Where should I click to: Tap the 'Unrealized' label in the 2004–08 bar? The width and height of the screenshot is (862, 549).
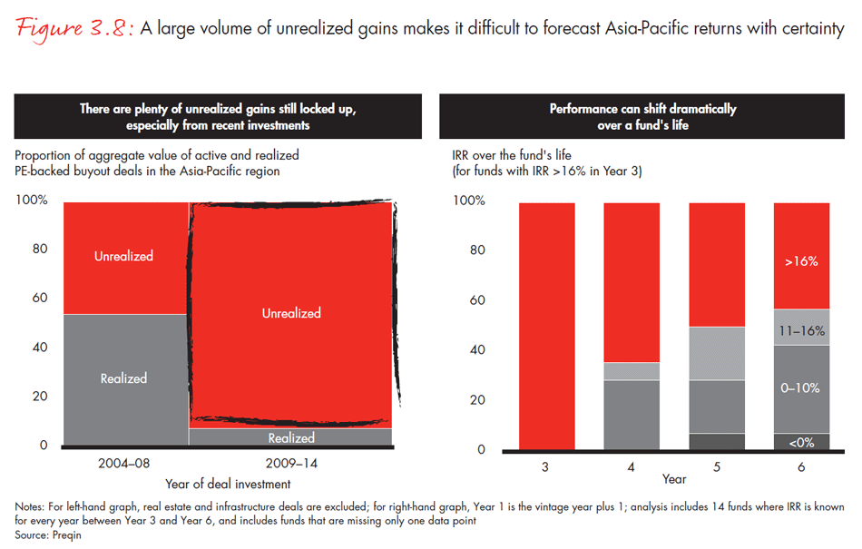point(124,257)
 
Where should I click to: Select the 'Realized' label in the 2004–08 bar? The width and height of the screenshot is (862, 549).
point(124,378)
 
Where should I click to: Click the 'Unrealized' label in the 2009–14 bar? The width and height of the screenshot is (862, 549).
point(291,313)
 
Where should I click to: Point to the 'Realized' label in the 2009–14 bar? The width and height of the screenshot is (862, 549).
point(291,438)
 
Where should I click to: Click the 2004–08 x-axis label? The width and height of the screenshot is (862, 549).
point(124,463)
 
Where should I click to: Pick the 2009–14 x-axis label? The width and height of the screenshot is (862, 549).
point(291,463)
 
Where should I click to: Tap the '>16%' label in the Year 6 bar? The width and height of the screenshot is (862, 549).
point(801,261)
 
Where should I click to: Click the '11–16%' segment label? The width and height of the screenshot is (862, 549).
point(801,332)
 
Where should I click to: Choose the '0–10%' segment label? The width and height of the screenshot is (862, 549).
point(801,387)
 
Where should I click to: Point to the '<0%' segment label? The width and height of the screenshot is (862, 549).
point(801,442)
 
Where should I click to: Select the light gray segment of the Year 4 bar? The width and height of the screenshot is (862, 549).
point(632,371)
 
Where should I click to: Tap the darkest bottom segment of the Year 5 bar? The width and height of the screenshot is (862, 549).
point(717,441)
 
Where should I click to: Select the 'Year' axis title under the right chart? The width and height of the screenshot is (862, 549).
point(674,478)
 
